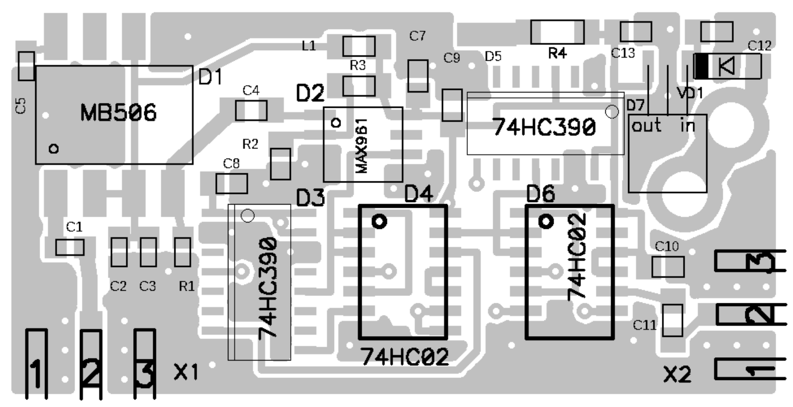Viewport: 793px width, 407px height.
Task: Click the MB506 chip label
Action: [118, 113]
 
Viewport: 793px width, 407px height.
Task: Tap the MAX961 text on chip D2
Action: [362, 146]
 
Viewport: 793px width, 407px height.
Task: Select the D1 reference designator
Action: [210, 77]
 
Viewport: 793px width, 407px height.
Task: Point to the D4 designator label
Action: [419, 193]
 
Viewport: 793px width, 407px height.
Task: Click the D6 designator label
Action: [541, 193]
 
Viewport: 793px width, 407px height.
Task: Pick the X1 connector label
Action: [186, 372]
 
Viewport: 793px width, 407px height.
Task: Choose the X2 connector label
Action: [677, 374]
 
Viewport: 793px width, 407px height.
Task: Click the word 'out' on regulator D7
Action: [647, 125]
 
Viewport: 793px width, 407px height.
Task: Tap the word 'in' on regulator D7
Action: [688, 125]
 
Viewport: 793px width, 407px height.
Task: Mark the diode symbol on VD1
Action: [726, 66]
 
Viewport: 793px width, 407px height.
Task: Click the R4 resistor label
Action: [558, 53]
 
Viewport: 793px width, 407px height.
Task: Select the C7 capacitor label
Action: [418, 36]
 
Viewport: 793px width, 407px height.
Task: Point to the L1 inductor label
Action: [309, 45]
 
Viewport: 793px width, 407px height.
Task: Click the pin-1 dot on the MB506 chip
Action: [54, 149]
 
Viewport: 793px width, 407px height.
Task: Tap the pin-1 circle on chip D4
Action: [379, 221]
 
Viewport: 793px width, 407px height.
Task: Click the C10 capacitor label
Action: [667, 246]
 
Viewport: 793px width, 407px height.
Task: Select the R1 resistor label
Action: [187, 286]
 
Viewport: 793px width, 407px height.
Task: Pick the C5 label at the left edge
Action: [21, 106]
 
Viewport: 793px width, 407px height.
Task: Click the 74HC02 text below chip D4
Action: [405, 356]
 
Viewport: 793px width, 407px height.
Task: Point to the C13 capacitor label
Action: [623, 53]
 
